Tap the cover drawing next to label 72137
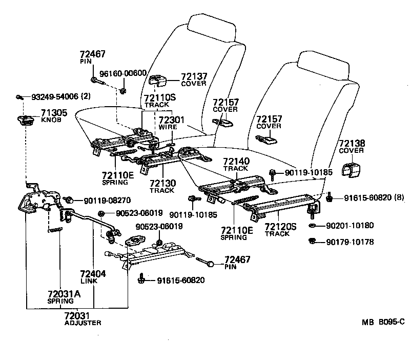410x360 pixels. pos(158,79)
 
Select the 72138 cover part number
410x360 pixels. pos(351,144)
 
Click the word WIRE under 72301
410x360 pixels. pos(168,127)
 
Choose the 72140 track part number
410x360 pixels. pos(236,162)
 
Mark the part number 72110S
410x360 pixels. pos(159,97)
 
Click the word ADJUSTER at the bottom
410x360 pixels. pos(83,323)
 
